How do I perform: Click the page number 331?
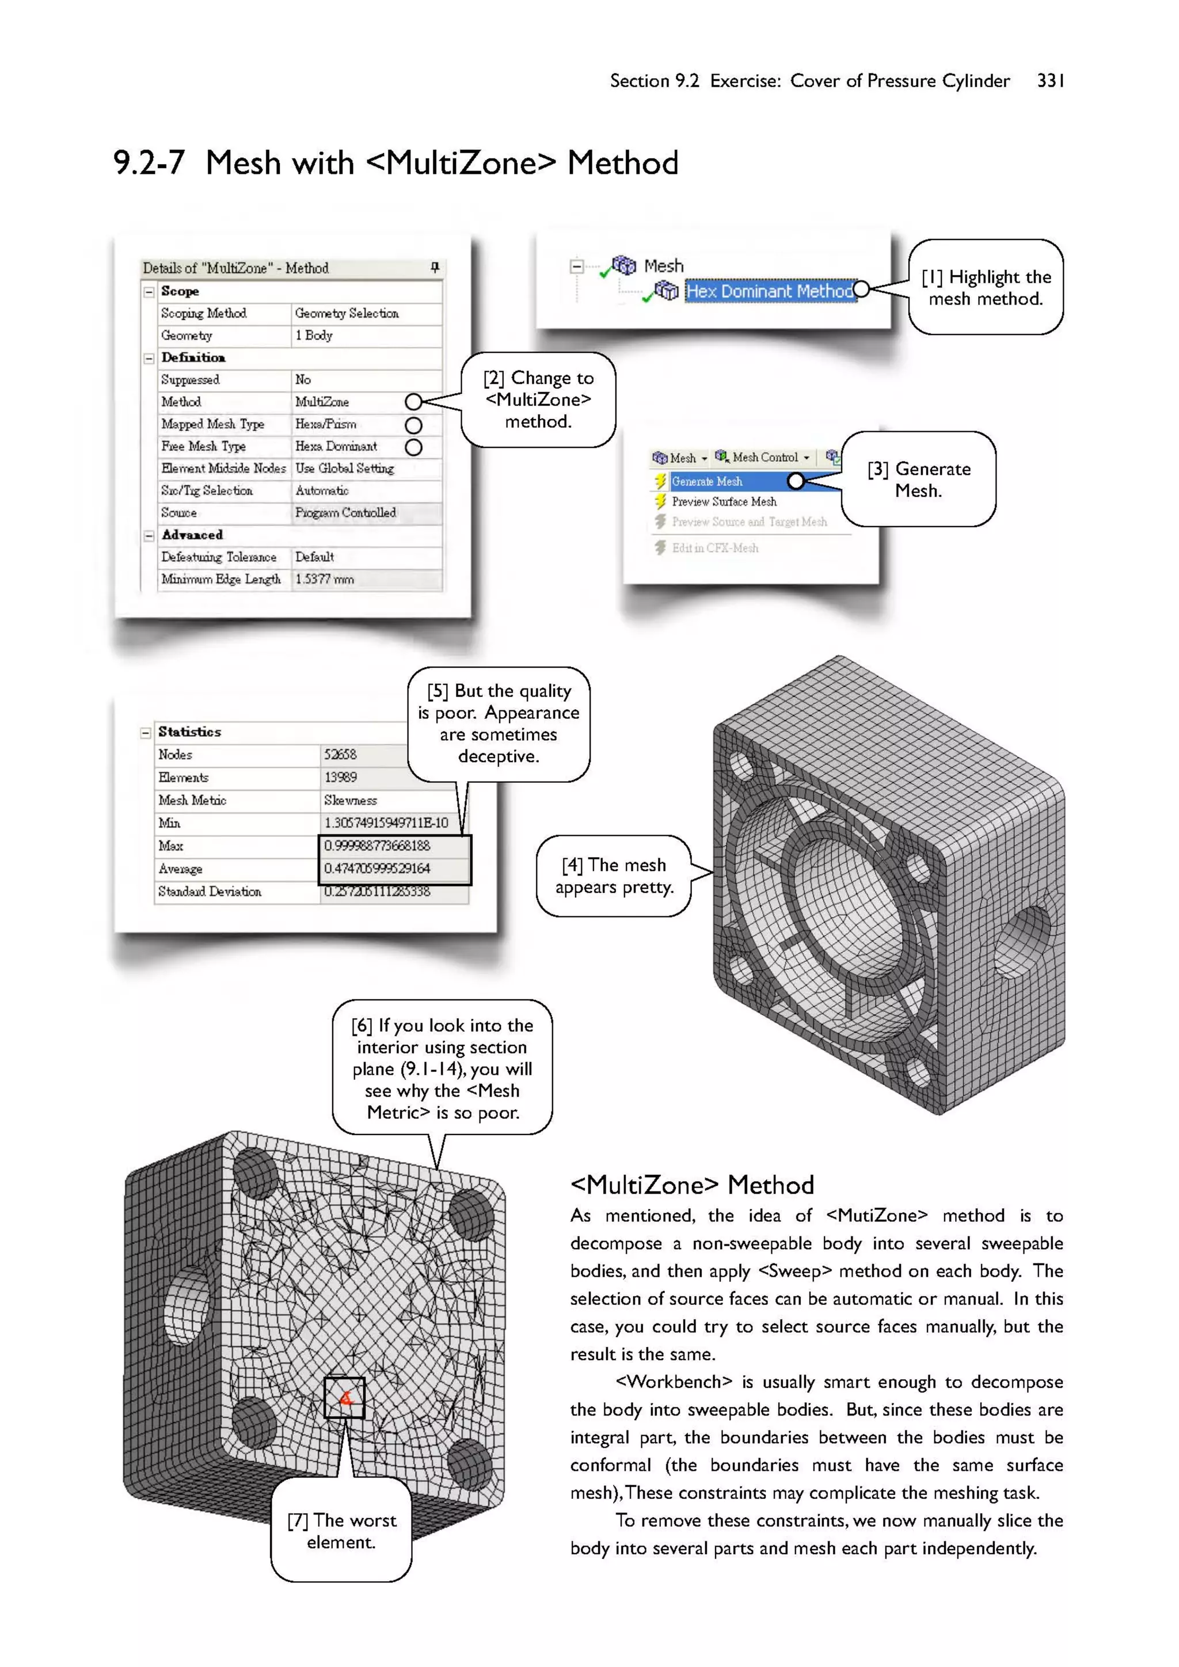[x=1051, y=81]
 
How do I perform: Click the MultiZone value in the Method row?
[x=322, y=402]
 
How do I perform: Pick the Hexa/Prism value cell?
[x=325, y=424]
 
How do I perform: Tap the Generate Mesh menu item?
[x=706, y=481]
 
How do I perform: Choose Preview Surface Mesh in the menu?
[x=724, y=502]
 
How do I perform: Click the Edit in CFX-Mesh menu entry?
[x=714, y=548]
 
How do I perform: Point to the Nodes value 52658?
[x=340, y=755]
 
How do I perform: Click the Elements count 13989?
[x=340, y=778]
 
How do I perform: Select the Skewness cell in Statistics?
[x=351, y=800]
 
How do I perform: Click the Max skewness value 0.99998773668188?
[x=377, y=846]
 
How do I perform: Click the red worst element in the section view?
[x=345, y=1398]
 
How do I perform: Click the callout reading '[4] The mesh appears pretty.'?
[x=614, y=876]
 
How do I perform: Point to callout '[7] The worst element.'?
[x=341, y=1531]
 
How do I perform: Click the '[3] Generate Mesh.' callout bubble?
[x=918, y=479]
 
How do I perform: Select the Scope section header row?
[x=180, y=291]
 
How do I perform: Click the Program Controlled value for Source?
[x=345, y=512]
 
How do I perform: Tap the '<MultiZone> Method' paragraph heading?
[x=692, y=1185]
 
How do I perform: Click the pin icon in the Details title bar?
[x=435, y=268]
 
